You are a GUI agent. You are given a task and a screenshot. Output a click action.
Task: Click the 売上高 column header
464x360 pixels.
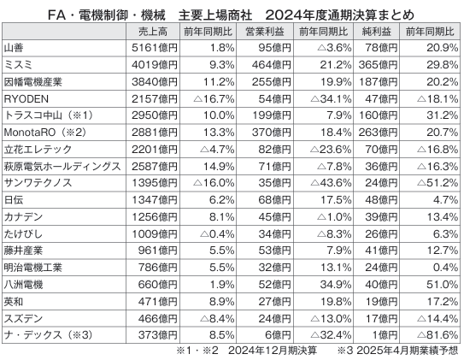153,32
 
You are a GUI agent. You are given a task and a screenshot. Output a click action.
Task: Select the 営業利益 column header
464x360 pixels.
265,32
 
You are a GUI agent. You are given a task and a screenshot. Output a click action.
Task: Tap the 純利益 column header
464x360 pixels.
376,32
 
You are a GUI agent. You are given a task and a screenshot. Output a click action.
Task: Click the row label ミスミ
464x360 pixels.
18,65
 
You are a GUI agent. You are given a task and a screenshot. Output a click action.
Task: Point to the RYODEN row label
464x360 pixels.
26,99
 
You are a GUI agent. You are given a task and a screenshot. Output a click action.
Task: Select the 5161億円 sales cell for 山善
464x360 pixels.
155,48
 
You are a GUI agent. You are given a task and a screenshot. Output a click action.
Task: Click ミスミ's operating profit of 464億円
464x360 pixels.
272,65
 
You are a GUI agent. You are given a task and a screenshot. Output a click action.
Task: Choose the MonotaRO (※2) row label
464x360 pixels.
45,133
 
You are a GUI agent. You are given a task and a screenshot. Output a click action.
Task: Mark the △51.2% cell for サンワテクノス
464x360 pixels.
438,183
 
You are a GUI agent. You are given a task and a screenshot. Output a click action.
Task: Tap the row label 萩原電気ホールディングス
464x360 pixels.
62,167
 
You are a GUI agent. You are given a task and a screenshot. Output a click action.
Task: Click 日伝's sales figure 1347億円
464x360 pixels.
155,200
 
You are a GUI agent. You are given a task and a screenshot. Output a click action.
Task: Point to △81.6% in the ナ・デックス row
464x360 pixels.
438,335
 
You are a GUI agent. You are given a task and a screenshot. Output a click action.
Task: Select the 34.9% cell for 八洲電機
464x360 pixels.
336,285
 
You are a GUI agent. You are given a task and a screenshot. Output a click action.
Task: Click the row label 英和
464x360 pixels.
14,302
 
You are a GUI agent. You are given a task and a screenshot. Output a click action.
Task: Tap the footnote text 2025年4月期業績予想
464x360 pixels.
408,351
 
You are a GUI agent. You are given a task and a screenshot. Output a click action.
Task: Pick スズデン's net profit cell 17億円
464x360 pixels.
381,319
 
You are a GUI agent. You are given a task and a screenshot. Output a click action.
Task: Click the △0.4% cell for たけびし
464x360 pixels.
217,234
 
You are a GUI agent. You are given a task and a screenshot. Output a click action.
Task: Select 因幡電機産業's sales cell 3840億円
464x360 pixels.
155,82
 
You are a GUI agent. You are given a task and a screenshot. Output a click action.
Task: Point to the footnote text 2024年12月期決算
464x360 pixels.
273,351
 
